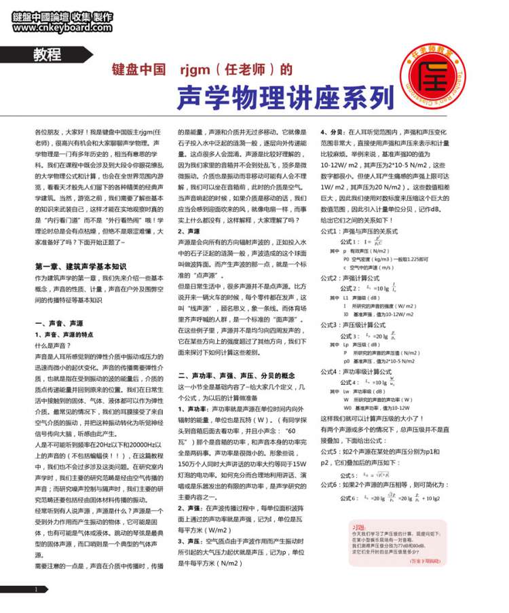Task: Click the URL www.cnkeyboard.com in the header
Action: click(61, 28)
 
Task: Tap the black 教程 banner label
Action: click(47, 55)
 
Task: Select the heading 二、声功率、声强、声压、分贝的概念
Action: click(236, 375)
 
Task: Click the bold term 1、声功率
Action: click(193, 409)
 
